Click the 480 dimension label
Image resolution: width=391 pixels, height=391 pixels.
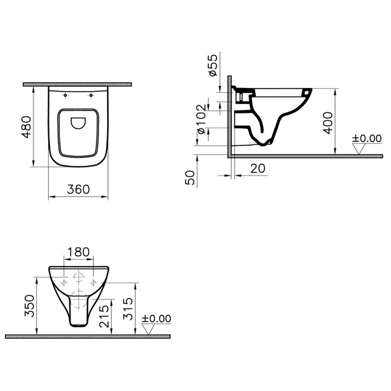pyautogui.click(x=26, y=127)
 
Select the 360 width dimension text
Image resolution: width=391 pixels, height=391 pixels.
pyautogui.click(x=78, y=189)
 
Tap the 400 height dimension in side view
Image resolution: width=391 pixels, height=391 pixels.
pyautogui.click(x=328, y=123)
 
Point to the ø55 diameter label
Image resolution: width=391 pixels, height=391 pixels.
pyautogui.click(x=213, y=65)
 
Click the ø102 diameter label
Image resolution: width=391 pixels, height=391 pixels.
pyautogui.click(x=202, y=119)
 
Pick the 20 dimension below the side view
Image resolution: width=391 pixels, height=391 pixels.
pyautogui.click(x=258, y=168)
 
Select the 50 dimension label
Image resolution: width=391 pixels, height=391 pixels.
pyautogui.click(x=190, y=177)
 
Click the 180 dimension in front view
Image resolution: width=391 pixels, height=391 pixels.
pyautogui.click(x=78, y=252)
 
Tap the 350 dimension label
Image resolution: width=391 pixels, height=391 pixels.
pyautogui.click(x=30, y=306)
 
